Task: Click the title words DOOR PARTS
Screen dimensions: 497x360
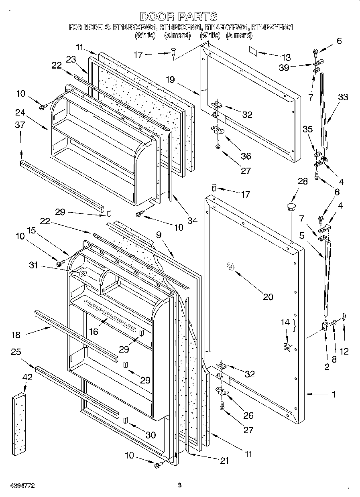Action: pyautogui.click(x=179, y=17)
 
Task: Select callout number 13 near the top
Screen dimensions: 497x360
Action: pyautogui.click(x=286, y=57)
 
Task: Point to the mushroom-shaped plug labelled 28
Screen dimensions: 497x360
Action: pyautogui.click(x=290, y=207)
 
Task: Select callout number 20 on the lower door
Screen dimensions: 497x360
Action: pyautogui.click(x=268, y=297)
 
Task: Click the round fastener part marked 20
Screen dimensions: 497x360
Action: pyautogui.click(x=230, y=266)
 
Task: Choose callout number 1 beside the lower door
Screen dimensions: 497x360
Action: pyautogui.click(x=334, y=394)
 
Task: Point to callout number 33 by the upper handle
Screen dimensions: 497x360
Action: pyautogui.click(x=343, y=97)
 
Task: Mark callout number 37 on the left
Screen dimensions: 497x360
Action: pyautogui.click(x=20, y=125)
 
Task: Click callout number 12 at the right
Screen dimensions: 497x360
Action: pyautogui.click(x=344, y=352)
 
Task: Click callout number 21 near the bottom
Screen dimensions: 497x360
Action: pyautogui.click(x=224, y=461)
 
